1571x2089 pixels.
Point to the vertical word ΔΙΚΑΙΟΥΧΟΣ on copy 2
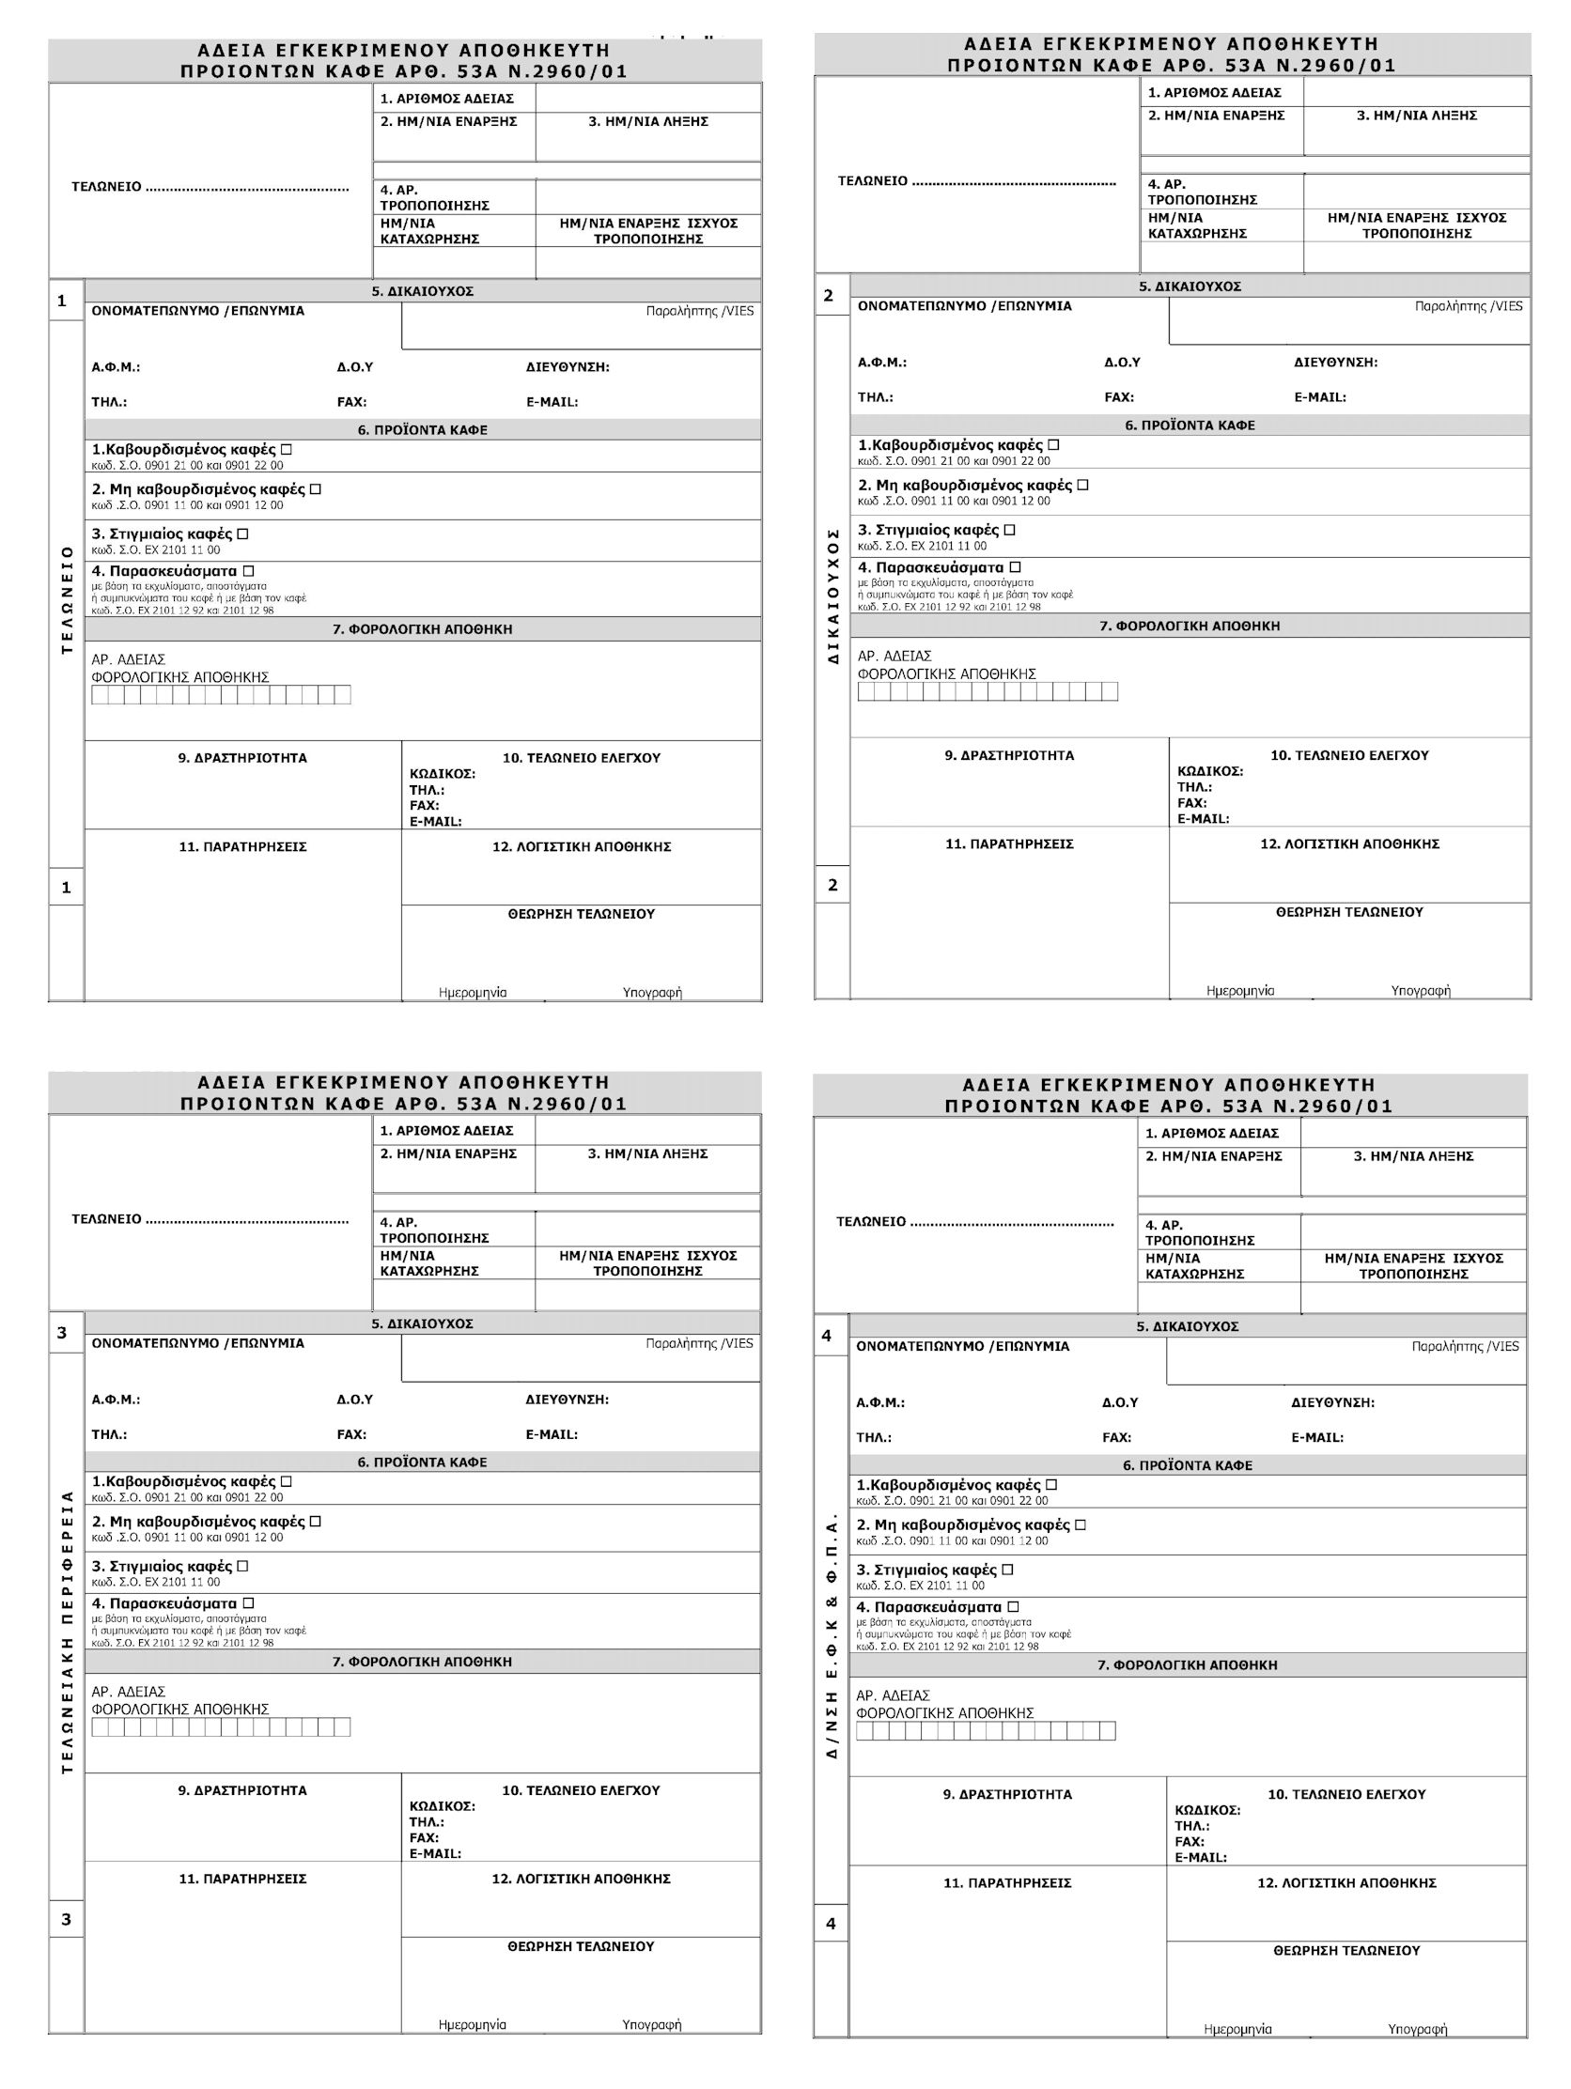833,596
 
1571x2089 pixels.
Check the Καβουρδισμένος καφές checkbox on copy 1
287,450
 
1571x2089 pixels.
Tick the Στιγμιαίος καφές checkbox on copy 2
1010,530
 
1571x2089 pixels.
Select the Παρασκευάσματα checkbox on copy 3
248,1602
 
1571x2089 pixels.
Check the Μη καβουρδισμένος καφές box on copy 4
1081,1524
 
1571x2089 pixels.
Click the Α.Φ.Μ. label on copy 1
116,367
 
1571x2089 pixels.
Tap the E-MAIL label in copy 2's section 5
1320,397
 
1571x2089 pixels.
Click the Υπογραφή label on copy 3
651,2024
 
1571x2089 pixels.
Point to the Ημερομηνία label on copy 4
1237,2029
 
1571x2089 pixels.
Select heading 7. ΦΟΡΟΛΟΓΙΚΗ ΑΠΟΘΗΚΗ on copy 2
1190,626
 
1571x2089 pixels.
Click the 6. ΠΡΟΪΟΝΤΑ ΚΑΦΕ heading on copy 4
1188,1464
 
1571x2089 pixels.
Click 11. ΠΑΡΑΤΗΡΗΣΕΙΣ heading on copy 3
242,1879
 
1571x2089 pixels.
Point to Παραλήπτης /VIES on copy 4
1465,1346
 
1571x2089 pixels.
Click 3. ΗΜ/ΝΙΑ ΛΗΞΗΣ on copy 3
647,1153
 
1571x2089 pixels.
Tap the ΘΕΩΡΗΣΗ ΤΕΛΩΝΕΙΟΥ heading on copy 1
581,913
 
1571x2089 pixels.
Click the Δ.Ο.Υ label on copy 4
1119,1402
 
